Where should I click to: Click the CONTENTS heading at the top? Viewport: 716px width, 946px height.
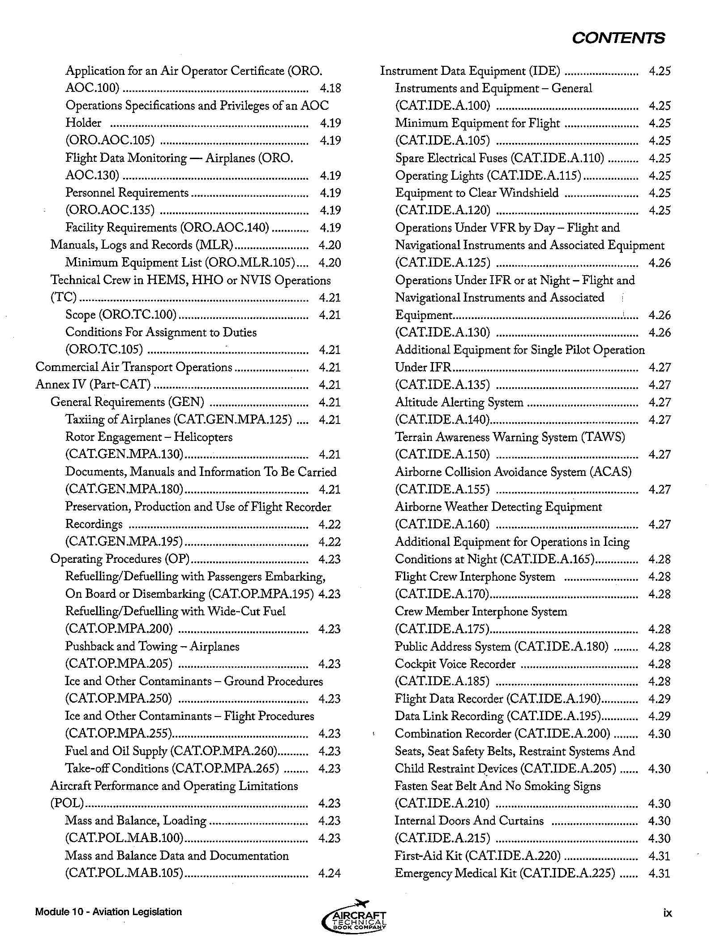click(x=618, y=38)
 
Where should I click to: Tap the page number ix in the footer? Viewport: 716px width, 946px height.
click(x=667, y=913)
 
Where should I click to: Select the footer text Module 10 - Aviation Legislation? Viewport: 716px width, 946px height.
click(x=108, y=911)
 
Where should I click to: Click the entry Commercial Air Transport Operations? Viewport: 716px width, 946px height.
click(x=133, y=367)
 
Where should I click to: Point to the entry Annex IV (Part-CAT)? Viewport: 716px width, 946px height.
click(x=93, y=384)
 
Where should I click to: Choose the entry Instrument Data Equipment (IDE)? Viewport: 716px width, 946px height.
click(x=470, y=71)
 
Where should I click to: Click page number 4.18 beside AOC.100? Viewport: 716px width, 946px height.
click(x=330, y=88)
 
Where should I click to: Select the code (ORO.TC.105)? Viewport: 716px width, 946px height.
click(x=104, y=350)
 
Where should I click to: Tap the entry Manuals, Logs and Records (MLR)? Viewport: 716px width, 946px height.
click(x=142, y=245)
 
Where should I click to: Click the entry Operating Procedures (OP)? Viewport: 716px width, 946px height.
click(x=120, y=559)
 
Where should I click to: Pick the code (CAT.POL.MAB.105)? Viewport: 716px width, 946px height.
click(x=124, y=873)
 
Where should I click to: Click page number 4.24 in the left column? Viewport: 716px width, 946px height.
click(x=330, y=873)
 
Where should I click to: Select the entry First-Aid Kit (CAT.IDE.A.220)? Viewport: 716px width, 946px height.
click(x=477, y=855)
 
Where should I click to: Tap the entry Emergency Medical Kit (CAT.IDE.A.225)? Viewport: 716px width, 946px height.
click(x=505, y=873)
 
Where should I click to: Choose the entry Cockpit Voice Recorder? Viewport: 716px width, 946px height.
click(x=455, y=664)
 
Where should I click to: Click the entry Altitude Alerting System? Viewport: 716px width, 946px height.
click(x=459, y=402)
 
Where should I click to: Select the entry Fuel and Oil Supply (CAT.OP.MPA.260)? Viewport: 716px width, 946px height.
click(x=171, y=751)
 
